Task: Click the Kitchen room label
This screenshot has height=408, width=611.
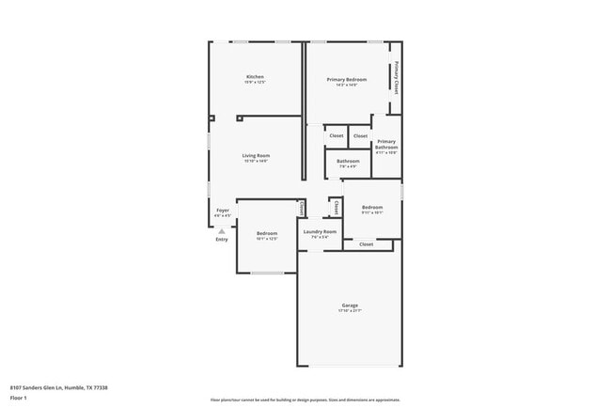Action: [255, 77]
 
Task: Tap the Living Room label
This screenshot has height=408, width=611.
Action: [255, 155]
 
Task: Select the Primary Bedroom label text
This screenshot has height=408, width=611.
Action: [346, 80]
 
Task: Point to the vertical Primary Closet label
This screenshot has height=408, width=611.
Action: [397, 77]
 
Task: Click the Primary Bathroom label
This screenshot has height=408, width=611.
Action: [386, 145]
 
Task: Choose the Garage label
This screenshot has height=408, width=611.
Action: [350, 306]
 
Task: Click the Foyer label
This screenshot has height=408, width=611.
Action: [223, 211]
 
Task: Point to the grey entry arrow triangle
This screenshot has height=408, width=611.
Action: [222, 231]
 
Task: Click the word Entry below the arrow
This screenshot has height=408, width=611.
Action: [222, 240]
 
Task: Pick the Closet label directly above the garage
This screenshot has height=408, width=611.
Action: [366, 244]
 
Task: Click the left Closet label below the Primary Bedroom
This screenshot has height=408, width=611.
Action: [336, 136]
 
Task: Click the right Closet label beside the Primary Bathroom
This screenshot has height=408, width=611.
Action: [360, 136]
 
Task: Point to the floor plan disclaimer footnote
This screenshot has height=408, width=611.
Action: [305, 400]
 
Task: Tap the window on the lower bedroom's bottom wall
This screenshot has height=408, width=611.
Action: [267, 274]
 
